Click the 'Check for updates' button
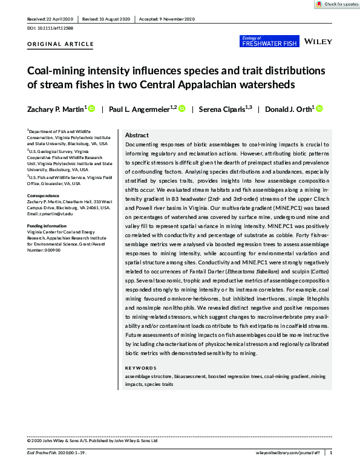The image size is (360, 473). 336,4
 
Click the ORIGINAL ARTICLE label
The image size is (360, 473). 61,44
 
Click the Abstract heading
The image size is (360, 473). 136,135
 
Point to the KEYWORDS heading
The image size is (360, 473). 140,368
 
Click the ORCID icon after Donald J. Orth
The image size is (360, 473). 319,109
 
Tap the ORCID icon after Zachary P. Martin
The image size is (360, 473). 91,109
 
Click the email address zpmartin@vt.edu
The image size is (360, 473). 53,214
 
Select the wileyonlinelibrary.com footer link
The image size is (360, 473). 287,452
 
